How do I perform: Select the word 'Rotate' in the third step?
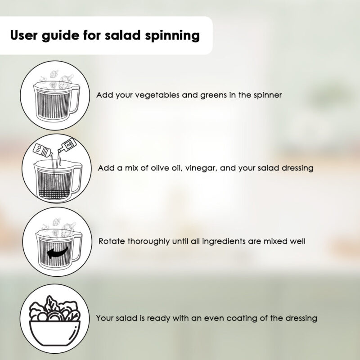point(111,241)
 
